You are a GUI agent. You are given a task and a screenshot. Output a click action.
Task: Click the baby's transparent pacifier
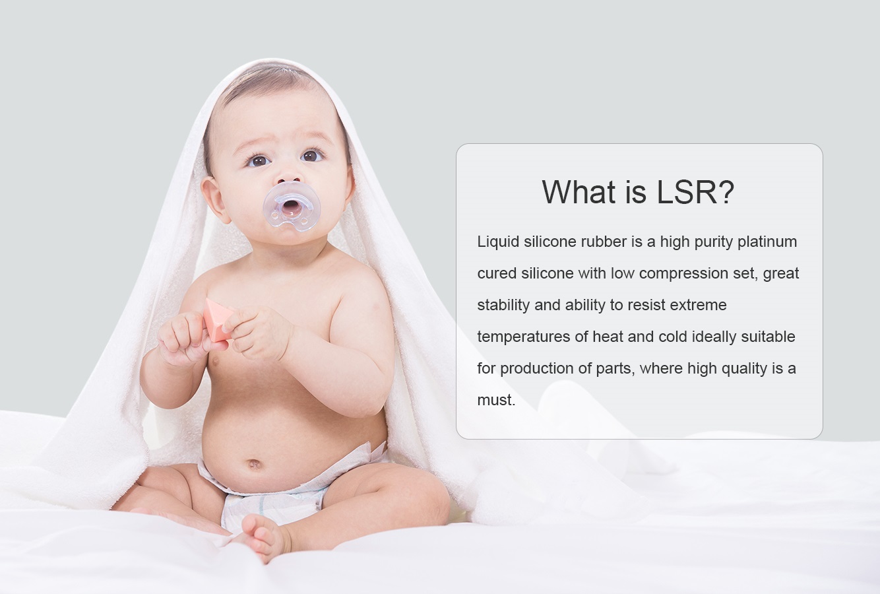click(x=292, y=207)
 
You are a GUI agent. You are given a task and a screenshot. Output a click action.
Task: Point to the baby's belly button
click(x=255, y=464)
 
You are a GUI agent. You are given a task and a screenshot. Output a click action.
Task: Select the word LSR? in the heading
click(x=695, y=192)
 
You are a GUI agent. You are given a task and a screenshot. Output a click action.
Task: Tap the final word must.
click(x=496, y=400)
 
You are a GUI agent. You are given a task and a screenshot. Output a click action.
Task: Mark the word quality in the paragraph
click(x=744, y=369)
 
